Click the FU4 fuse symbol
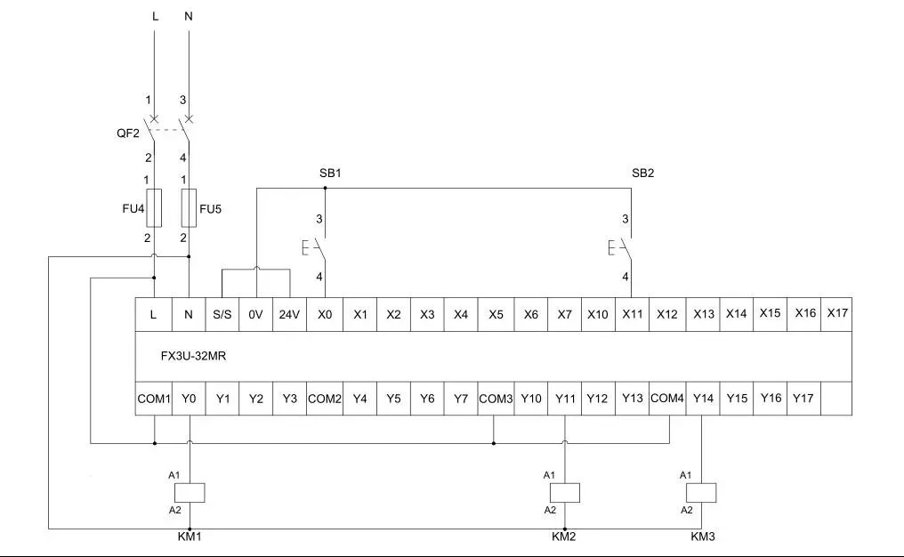pyautogui.click(x=154, y=207)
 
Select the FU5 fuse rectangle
pyautogui.click(x=190, y=207)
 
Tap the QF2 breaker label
pyautogui.click(x=128, y=133)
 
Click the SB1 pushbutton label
pyautogui.click(x=330, y=173)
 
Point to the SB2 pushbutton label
pyautogui.click(x=642, y=173)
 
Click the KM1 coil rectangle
pyautogui.click(x=190, y=493)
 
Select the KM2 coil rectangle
pyautogui.click(x=565, y=493)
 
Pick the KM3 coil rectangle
pyautogui.click(x=702, y=493)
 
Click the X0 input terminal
pyautogui.click(x=325, y=314)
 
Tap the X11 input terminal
pyautogui.click(x=633, y=314)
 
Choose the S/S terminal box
pyautogui.click(x=222, y=314)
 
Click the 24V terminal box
pyautogui.click(x=289, y=314)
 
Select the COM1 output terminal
pyautogui.click(x=154, y=399)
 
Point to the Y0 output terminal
pyautogui.click(x=190, y=399)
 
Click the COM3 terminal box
pyautogui.click(x=496, y=399)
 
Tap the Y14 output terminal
pyautogui.click(x=704, y=399)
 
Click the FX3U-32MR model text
pyautogui.click(x=193, y=356)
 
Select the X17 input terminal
pyautogui.click(x=837, y=314)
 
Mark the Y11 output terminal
pyautogui.click(x=565, y=399)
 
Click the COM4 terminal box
pyautogui.click(x=667, y=399)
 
